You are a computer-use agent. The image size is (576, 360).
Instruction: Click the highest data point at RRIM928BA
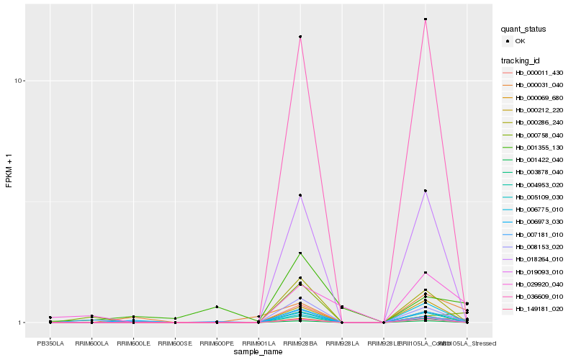(300, 37)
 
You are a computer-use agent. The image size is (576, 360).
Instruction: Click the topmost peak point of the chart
(426, 19)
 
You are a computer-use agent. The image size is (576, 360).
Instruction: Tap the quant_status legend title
(523, 30)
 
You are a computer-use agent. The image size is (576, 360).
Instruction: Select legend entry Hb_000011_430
(539, 73)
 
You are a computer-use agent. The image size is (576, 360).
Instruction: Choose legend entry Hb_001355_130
(539, 147)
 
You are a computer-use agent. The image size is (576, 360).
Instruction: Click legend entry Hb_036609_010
(539, 296)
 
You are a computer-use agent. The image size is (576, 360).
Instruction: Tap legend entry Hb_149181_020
(539, 309)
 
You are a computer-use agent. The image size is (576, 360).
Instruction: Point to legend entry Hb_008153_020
(539, 246)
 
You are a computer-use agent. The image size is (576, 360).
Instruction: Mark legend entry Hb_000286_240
(539, 122)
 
